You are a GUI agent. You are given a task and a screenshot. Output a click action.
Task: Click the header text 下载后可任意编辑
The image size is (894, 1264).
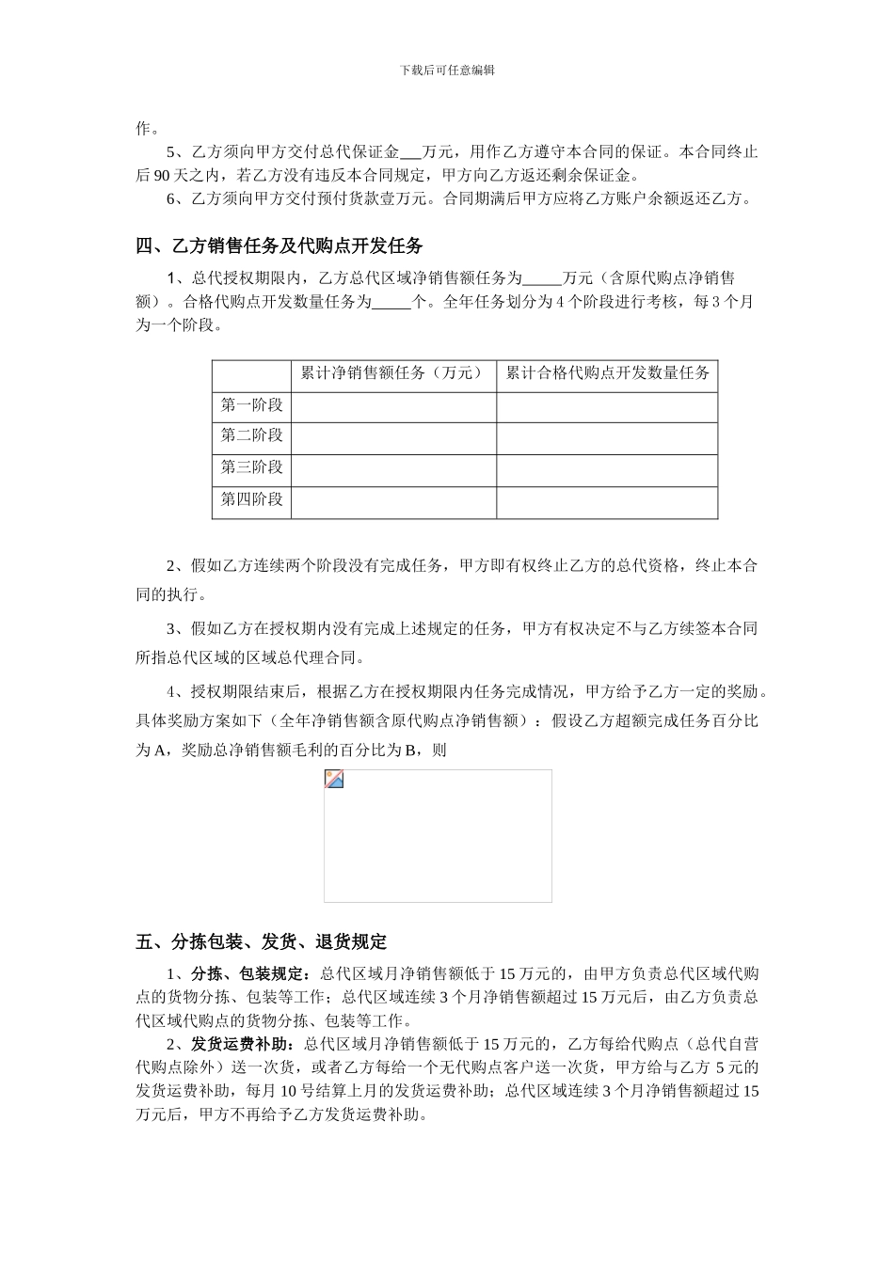pyautogui.click(x=447, y=70)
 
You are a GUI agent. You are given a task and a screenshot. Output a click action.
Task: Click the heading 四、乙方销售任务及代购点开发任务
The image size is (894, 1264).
pyautogui.click(x=279, y=246)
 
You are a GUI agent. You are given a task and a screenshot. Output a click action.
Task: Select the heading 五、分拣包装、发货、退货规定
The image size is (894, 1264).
pyautogui.click(x=261, y=941)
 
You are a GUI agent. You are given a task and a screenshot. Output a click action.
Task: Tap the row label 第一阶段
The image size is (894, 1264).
pyautogui.click(x=251, y=405)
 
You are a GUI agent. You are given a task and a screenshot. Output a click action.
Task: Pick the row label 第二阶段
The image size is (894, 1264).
pyautogui.click(x=251, y=436)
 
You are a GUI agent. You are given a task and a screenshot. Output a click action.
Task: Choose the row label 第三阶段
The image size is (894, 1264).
pyautogui.click(x=251, y=467)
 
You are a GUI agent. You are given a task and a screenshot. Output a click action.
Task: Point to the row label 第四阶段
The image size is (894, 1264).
pyautogui.click(x=251, y=499)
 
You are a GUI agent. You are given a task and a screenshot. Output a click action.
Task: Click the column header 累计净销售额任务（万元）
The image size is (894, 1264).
pyautogui.click(x=392, y=373)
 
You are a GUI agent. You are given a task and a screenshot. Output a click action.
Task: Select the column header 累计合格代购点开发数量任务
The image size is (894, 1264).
pyautogui.click(x=607, y=373)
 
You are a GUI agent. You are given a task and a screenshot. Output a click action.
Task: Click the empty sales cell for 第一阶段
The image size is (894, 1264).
pyautogui.click(x=393, y=406)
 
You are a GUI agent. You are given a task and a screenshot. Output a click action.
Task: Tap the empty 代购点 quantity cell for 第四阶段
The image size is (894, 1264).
pyautogui.click(x=607, y=501)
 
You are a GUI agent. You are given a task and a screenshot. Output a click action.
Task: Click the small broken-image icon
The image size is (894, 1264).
pyautogui.click(x=334, y=779)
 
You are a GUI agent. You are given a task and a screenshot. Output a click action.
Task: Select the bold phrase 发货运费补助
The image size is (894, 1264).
pyautogui.click(x=238, y=1044)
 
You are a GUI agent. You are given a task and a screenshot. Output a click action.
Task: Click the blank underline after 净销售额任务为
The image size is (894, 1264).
pyautogui.click(x=541, y=279)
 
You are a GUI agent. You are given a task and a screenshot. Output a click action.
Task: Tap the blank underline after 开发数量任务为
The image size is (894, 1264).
pyautogui.click(x=391, y=303)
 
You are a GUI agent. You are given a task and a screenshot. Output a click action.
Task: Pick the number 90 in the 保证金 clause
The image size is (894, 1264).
pyautogui.click(x=160, y=176)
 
